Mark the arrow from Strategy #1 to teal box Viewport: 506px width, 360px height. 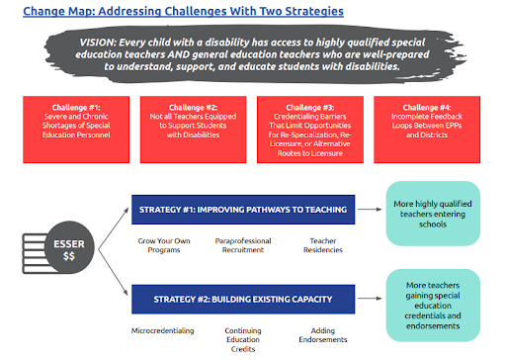(x=368, y=208)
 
